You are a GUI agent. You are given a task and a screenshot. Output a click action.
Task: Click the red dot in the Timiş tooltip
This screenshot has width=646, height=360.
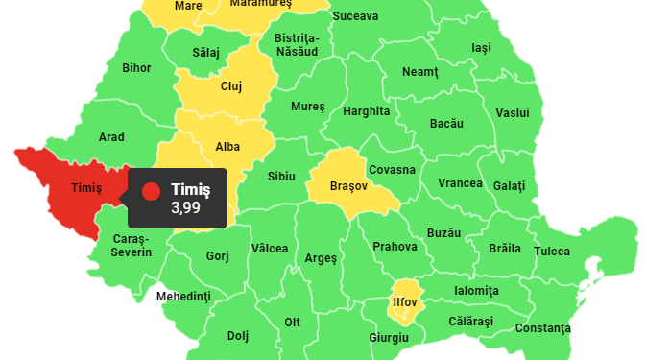tap(151, 191)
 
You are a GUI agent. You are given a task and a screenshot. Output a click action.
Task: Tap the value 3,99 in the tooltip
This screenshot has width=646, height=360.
tap(187, 207)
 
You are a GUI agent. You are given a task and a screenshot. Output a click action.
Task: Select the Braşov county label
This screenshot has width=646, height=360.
tap(347, 185)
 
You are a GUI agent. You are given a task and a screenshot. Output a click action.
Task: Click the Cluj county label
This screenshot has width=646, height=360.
tap(230, 86)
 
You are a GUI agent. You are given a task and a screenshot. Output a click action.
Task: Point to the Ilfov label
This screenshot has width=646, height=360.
tap(405, 302)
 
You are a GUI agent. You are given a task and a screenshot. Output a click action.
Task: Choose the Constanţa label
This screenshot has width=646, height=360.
tap(542, 328)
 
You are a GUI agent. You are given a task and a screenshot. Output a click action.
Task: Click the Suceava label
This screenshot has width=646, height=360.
tap(355, 16)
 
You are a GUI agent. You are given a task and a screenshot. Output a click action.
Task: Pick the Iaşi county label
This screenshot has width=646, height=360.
tap(482, 48)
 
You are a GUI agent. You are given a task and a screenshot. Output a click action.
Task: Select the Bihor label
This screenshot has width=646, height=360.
tap(136, 68)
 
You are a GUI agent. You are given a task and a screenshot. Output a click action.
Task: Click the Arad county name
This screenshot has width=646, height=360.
tap(111, 137)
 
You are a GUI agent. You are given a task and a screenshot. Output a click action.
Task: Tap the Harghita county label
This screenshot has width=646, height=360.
tap(367, 111)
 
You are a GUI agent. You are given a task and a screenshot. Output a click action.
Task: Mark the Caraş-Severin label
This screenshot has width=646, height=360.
tap(132, 245)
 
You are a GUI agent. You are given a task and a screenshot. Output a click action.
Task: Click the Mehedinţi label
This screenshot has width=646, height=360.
tap(182, 296)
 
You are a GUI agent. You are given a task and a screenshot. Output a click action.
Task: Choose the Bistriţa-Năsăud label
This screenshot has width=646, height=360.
tap(297, 45)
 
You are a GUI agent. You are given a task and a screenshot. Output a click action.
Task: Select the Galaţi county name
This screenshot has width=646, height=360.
tap(509, 184)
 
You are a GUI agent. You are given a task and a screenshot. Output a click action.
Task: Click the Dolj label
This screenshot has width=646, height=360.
tap(237, 336)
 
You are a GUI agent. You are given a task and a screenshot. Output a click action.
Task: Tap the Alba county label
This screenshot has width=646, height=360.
tap(227, 147)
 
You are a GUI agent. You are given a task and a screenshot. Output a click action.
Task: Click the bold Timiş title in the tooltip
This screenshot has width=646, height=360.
tap(190, 189)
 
